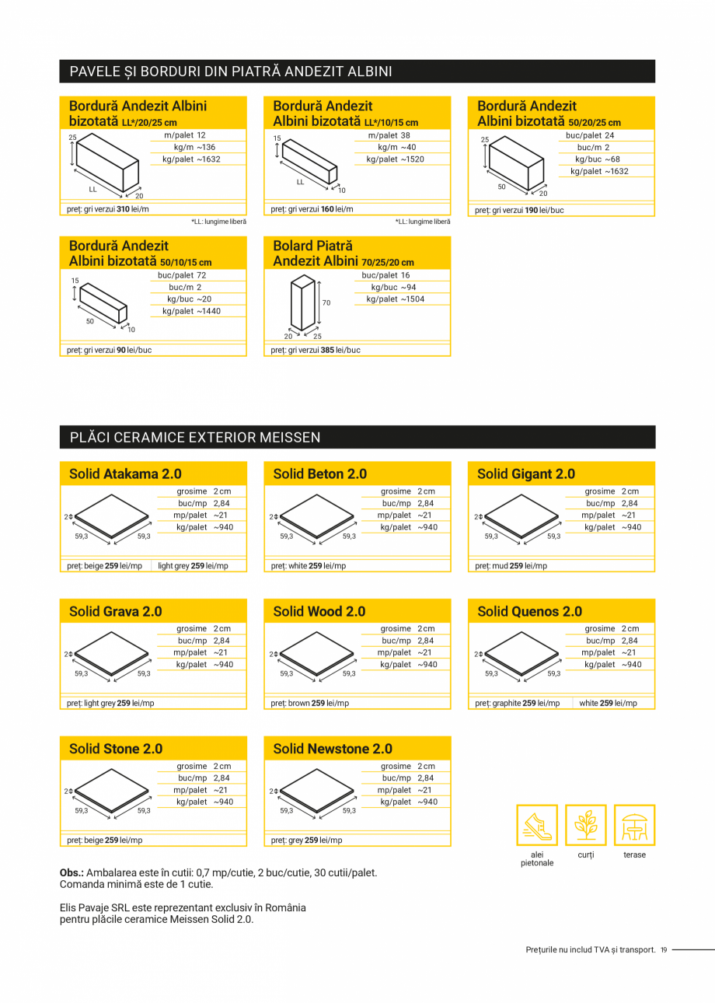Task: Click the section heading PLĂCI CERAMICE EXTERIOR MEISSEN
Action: point(195,438)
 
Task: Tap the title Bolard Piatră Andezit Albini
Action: point(343,253)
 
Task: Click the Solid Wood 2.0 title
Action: point(319,611)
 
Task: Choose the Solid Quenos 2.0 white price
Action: point(608,703)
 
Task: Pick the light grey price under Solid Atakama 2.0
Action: point(193,566)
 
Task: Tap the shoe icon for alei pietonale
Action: point(537,825)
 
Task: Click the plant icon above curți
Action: point(585,825)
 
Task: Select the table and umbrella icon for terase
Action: point(634,825)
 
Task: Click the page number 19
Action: point(664,949)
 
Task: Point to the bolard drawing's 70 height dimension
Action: point(326,303)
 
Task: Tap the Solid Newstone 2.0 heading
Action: point(333,749)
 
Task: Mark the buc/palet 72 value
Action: point(183,275)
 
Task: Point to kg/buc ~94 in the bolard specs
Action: point(393,287)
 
